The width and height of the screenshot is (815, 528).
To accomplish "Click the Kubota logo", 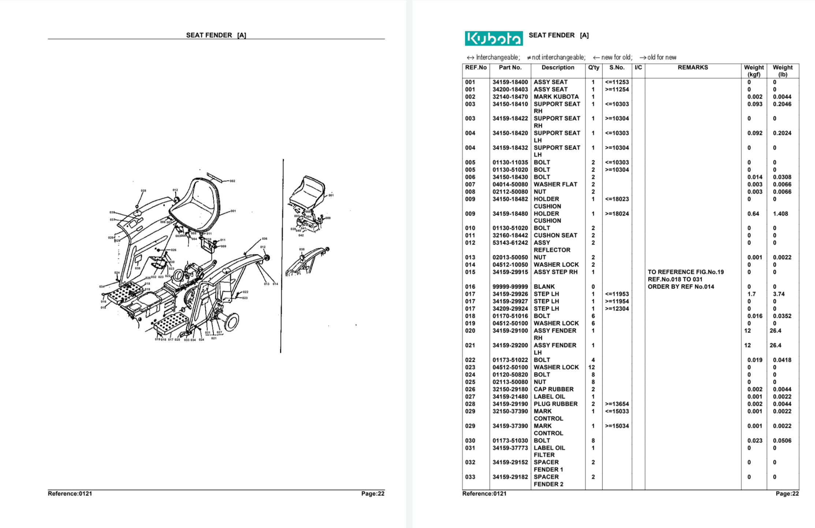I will coord(494,38).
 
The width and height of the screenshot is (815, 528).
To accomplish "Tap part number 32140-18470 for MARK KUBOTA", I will coord(510,97).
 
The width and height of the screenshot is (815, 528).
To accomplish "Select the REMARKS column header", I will coord(692,67).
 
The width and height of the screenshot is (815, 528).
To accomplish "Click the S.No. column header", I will coord(617,67).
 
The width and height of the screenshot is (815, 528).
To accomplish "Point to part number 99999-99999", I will coord(510,287).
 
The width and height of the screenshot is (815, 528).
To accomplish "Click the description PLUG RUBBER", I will coord(555,404).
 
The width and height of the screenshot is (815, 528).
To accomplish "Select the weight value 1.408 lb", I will coord(780,214).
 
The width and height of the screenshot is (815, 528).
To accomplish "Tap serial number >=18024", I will coord(617,214).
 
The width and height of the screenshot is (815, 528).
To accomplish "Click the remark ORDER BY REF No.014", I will coord(681,287).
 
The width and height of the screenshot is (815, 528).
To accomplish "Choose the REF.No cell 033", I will coord(470,477).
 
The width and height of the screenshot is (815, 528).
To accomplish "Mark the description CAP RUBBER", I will coord(553,389).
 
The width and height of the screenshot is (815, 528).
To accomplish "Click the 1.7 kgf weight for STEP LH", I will coord(751,294).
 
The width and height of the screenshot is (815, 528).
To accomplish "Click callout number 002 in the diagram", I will coord(232,181).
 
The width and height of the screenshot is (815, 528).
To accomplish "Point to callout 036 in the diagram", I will coord(264,239).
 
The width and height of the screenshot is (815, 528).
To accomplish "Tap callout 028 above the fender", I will coord(144,191).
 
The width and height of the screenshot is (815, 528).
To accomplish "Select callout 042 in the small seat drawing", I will coord(301,235).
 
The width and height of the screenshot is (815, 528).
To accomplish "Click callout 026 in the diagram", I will coord(174,250).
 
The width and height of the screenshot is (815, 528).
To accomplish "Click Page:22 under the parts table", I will coord(787,494).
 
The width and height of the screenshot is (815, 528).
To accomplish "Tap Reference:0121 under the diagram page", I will coord(70,494).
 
